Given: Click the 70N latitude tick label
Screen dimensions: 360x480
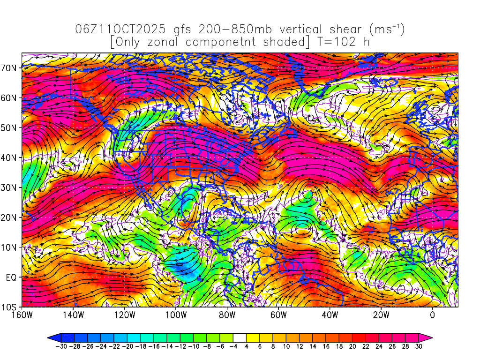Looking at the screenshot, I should [x=10, y=67].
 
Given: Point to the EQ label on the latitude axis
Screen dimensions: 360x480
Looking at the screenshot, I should [x=11, y=277].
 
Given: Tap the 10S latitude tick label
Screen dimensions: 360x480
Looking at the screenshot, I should [x=10, y=307].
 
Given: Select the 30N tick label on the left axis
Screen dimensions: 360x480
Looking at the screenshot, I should [x=10, y=187].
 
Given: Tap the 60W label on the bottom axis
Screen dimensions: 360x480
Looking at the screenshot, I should [x=278, y=315].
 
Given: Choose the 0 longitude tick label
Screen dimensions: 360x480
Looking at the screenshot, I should [x=432, y=315].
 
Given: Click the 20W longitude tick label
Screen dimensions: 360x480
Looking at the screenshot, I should [x=381, y=315].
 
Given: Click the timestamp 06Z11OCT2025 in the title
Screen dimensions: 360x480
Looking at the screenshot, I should [x=120, y=30].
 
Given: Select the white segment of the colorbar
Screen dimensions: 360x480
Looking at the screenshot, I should [x=240, y=337].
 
